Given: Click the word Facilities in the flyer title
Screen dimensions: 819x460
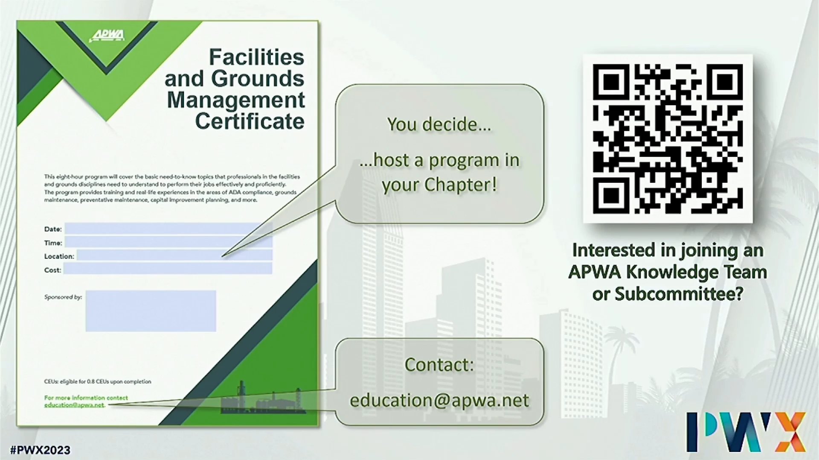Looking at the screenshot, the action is point(256,57).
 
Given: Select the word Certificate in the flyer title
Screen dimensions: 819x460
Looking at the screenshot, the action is point(250,121).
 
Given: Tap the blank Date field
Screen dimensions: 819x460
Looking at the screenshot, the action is point(168,229).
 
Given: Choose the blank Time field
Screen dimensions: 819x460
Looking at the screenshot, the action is point(168,242).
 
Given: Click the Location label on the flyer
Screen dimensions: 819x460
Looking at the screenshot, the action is point(59,256).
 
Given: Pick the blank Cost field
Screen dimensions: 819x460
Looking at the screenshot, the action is point(168,269).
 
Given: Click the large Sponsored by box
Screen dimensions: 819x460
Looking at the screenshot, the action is point(151,311).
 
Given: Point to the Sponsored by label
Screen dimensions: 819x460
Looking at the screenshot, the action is point(63,297).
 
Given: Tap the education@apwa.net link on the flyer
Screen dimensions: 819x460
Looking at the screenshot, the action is point(74,405).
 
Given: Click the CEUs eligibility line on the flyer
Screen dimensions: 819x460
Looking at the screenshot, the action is point(98,382).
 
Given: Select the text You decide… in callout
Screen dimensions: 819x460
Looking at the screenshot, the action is point(439,124).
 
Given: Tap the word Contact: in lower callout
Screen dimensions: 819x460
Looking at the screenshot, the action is point(439,365).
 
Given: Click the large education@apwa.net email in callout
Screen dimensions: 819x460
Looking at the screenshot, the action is point(439,400).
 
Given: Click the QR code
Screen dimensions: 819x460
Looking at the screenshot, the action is point(668,139).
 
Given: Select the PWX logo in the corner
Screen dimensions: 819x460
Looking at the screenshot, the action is point(746,432).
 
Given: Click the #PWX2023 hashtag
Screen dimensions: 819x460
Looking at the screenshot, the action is point(40,450).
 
